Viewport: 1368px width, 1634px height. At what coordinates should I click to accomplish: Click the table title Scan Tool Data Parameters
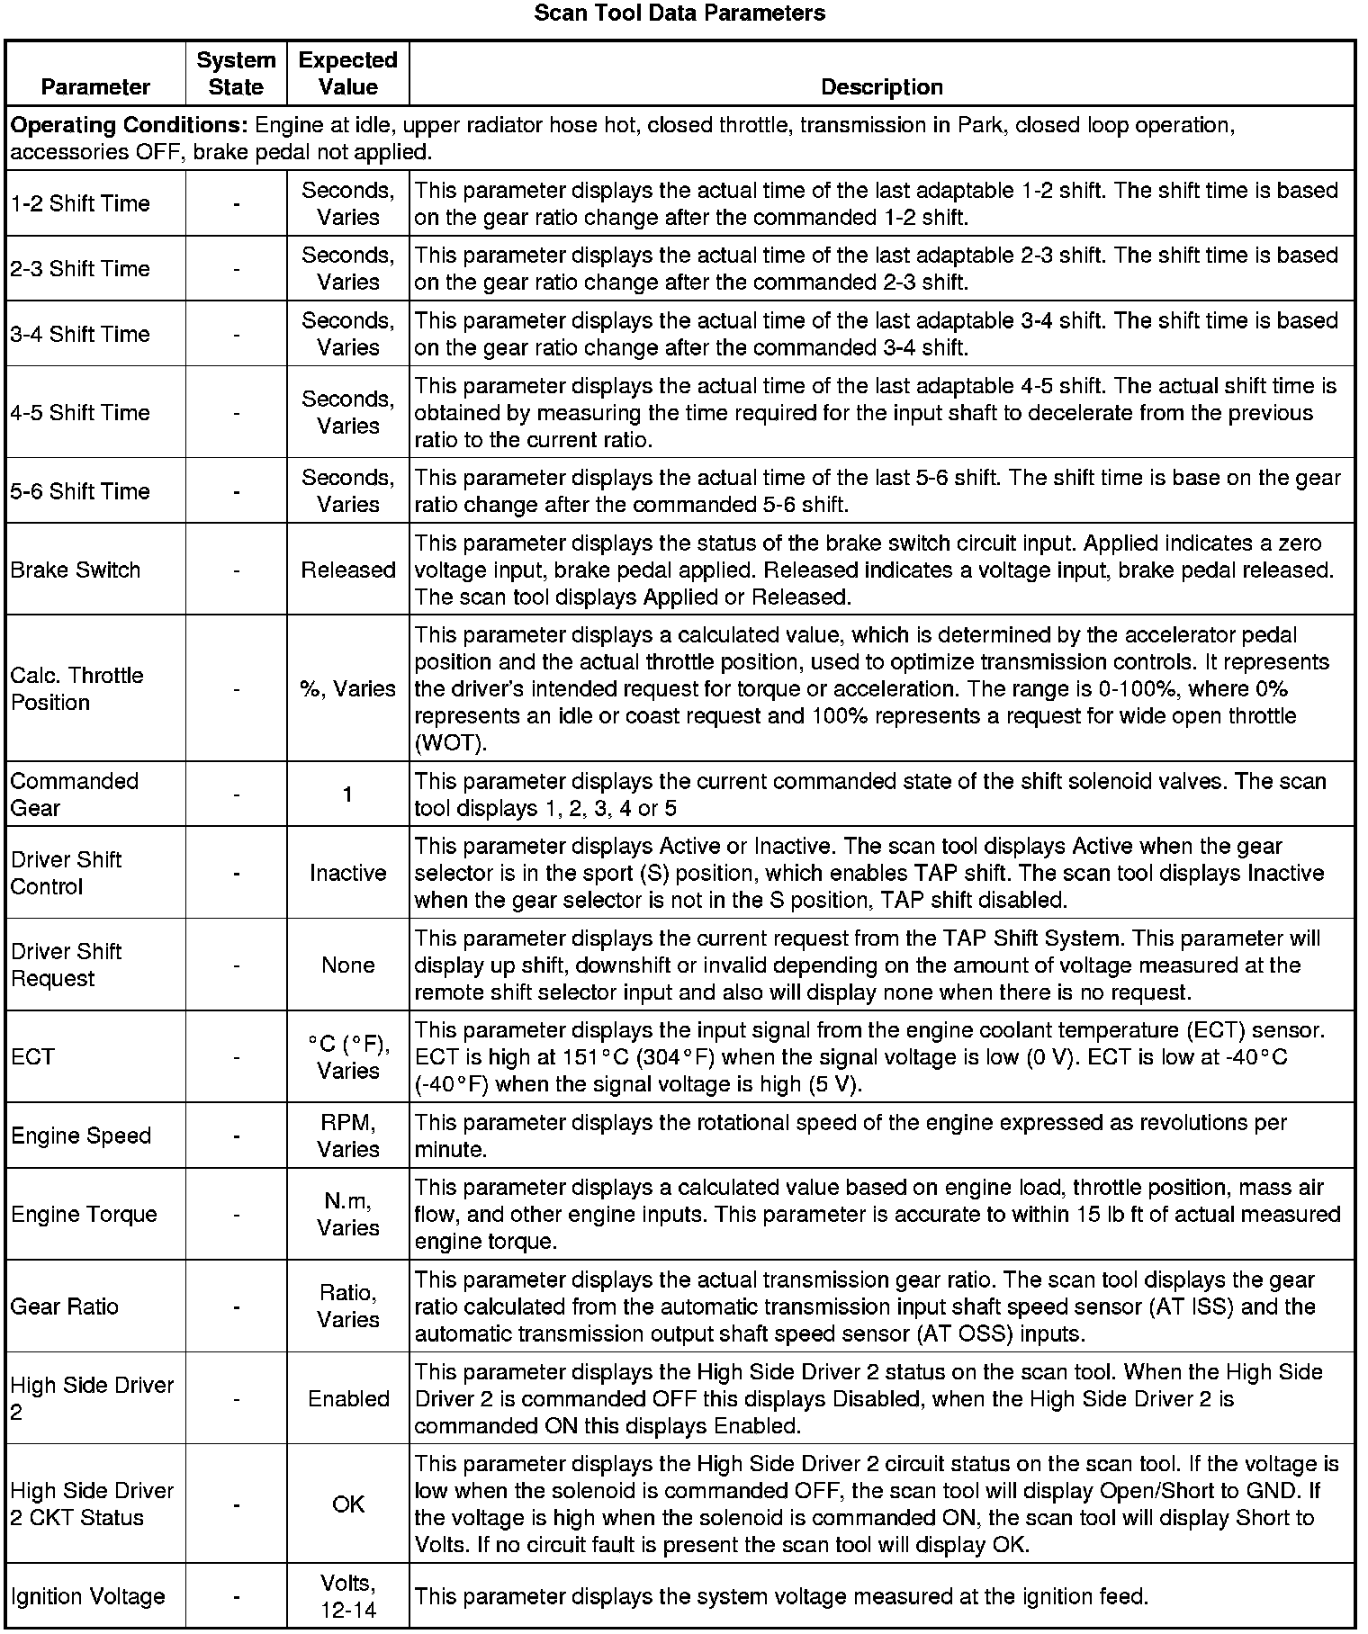tap(679, 13)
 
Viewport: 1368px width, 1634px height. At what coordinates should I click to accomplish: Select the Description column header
tap(882, 86)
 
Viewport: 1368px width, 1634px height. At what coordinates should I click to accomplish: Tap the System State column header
tap(236, 74)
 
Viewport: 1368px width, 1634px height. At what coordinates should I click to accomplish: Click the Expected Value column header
tap(348, 74)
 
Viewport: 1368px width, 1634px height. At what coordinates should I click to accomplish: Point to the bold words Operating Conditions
tap(129, 124)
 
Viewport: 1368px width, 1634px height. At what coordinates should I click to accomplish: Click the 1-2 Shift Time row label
tap(80, 203)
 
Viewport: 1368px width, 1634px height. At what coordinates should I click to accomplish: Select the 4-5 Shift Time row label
tap(80, 412)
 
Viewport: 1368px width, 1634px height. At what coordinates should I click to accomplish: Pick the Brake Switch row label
tap(76, 570)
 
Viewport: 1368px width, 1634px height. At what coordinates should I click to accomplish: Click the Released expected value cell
tap(348, 570)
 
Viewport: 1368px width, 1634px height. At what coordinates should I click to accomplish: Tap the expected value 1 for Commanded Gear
tap(348, 794)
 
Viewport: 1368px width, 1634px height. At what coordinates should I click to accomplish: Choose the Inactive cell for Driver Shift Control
tap(348, 873)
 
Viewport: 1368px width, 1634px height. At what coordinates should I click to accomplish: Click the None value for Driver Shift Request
tap(348, 965)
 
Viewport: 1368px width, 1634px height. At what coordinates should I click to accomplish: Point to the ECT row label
tap(33, 1056)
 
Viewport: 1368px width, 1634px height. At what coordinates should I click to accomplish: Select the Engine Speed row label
tap(81, 1136)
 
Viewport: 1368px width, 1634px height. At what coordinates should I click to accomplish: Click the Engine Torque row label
tap(84, 1214)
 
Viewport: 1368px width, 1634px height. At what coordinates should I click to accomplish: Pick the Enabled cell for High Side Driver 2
tap(348, 1398)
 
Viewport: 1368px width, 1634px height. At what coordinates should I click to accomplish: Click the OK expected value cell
tap(348, 1504)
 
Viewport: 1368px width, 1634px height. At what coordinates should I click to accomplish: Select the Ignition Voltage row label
tap(88, 1596)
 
